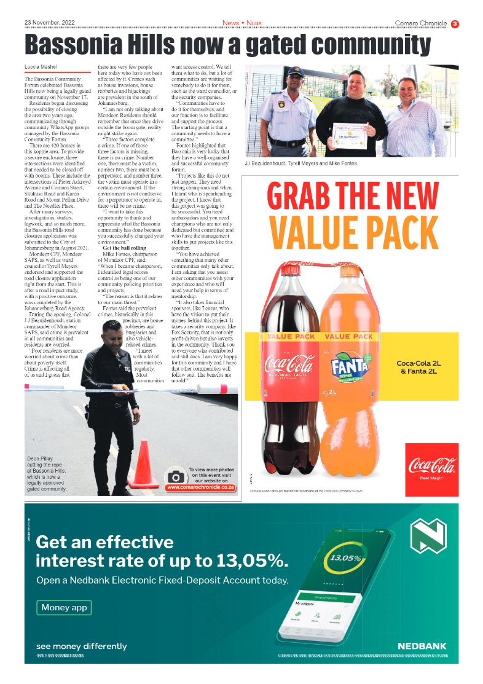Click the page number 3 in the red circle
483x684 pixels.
(455, 24)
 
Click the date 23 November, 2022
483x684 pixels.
(49, 23)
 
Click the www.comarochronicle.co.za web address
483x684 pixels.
(201, 488)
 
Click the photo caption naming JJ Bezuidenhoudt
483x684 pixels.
(301, 163)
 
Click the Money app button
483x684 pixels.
(64, 608)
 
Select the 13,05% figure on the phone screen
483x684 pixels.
(346, 559)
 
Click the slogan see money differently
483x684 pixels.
(82, 646)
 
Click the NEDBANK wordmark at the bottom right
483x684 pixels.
(422, 646)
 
